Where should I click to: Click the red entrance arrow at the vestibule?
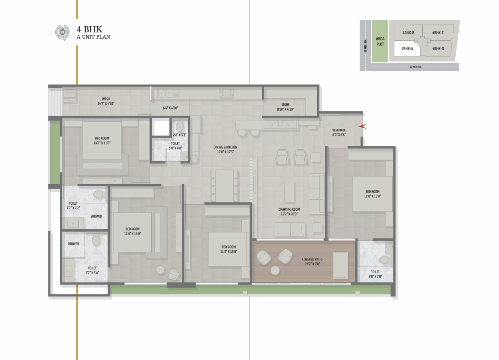pos(363,127)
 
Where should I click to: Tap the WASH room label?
pos(106,99)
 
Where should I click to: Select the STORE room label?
pos(286,105)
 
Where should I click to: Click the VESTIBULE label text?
pos(339,130)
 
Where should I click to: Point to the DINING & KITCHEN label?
pos(225,147)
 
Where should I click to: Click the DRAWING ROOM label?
pos(289,209)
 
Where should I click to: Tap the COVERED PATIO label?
pos(312,259)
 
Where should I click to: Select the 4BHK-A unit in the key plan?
pos(407,49)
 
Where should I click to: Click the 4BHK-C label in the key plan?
pos(438,33)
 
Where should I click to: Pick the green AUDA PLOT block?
pos(380,41)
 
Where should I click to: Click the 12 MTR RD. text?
pos(415,67)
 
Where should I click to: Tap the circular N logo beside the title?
pos(63,33)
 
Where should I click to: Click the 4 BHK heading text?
pos(90,29)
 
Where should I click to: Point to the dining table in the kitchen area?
pos(224,186)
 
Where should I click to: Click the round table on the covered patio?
pos(275,270)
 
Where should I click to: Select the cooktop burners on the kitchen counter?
pos(226,93)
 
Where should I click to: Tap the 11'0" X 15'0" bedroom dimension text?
pos(373,196)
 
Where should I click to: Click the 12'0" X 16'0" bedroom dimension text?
pos(132,234)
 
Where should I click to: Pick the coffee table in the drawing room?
pos(289,192)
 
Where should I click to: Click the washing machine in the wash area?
pos(70,95)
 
